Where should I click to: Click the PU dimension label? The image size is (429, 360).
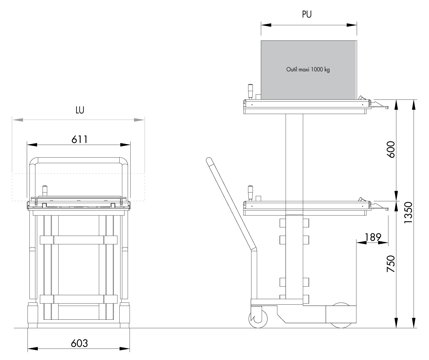tap(306, 14)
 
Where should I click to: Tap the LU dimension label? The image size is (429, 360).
tap(80, 110)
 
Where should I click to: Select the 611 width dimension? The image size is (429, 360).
tap(80, 140)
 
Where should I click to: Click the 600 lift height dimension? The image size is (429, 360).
tap(391, 150)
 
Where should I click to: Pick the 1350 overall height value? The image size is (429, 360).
tap(408, 213)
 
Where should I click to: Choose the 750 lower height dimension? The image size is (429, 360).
tap(391, 264)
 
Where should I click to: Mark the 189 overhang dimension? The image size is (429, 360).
tap(373, 237)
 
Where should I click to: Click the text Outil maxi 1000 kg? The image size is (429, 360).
tap(308, 69)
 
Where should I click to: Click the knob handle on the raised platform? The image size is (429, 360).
tap(250, 91)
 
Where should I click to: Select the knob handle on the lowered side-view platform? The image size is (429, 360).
tap(250, 193)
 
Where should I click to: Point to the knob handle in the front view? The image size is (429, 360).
tap(45, 191)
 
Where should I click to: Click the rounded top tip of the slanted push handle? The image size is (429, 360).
tap(209, 160)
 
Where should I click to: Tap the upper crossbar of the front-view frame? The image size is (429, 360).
tap(79, 240)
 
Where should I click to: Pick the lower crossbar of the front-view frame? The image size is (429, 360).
tap(79, 299)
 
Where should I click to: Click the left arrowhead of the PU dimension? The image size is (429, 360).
tap(266, 25)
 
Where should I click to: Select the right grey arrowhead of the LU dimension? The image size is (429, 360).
tap(139, 120)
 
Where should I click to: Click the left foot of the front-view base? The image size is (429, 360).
tap(33, 325)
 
